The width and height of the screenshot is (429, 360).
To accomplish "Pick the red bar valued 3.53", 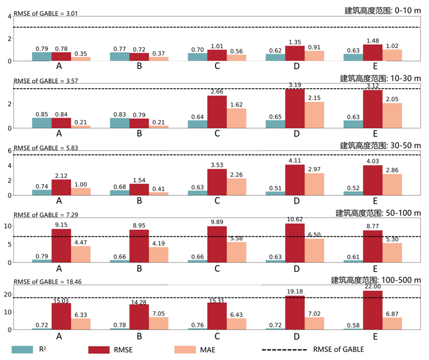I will (217, 182).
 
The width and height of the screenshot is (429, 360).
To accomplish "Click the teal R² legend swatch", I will (25, 350).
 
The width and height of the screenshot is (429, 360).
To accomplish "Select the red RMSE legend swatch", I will (106, 350).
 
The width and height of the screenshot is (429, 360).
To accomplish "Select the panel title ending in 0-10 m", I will (382, 10).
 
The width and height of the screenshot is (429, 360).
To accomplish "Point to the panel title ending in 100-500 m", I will (375, 280).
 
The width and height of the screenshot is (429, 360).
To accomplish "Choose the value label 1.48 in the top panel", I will (372, 40).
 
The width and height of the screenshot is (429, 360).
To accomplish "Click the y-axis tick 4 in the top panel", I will (9, 16).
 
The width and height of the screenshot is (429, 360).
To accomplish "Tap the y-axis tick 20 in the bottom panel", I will (7, 295).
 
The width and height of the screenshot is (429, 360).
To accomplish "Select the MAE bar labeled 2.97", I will (314, 184).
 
